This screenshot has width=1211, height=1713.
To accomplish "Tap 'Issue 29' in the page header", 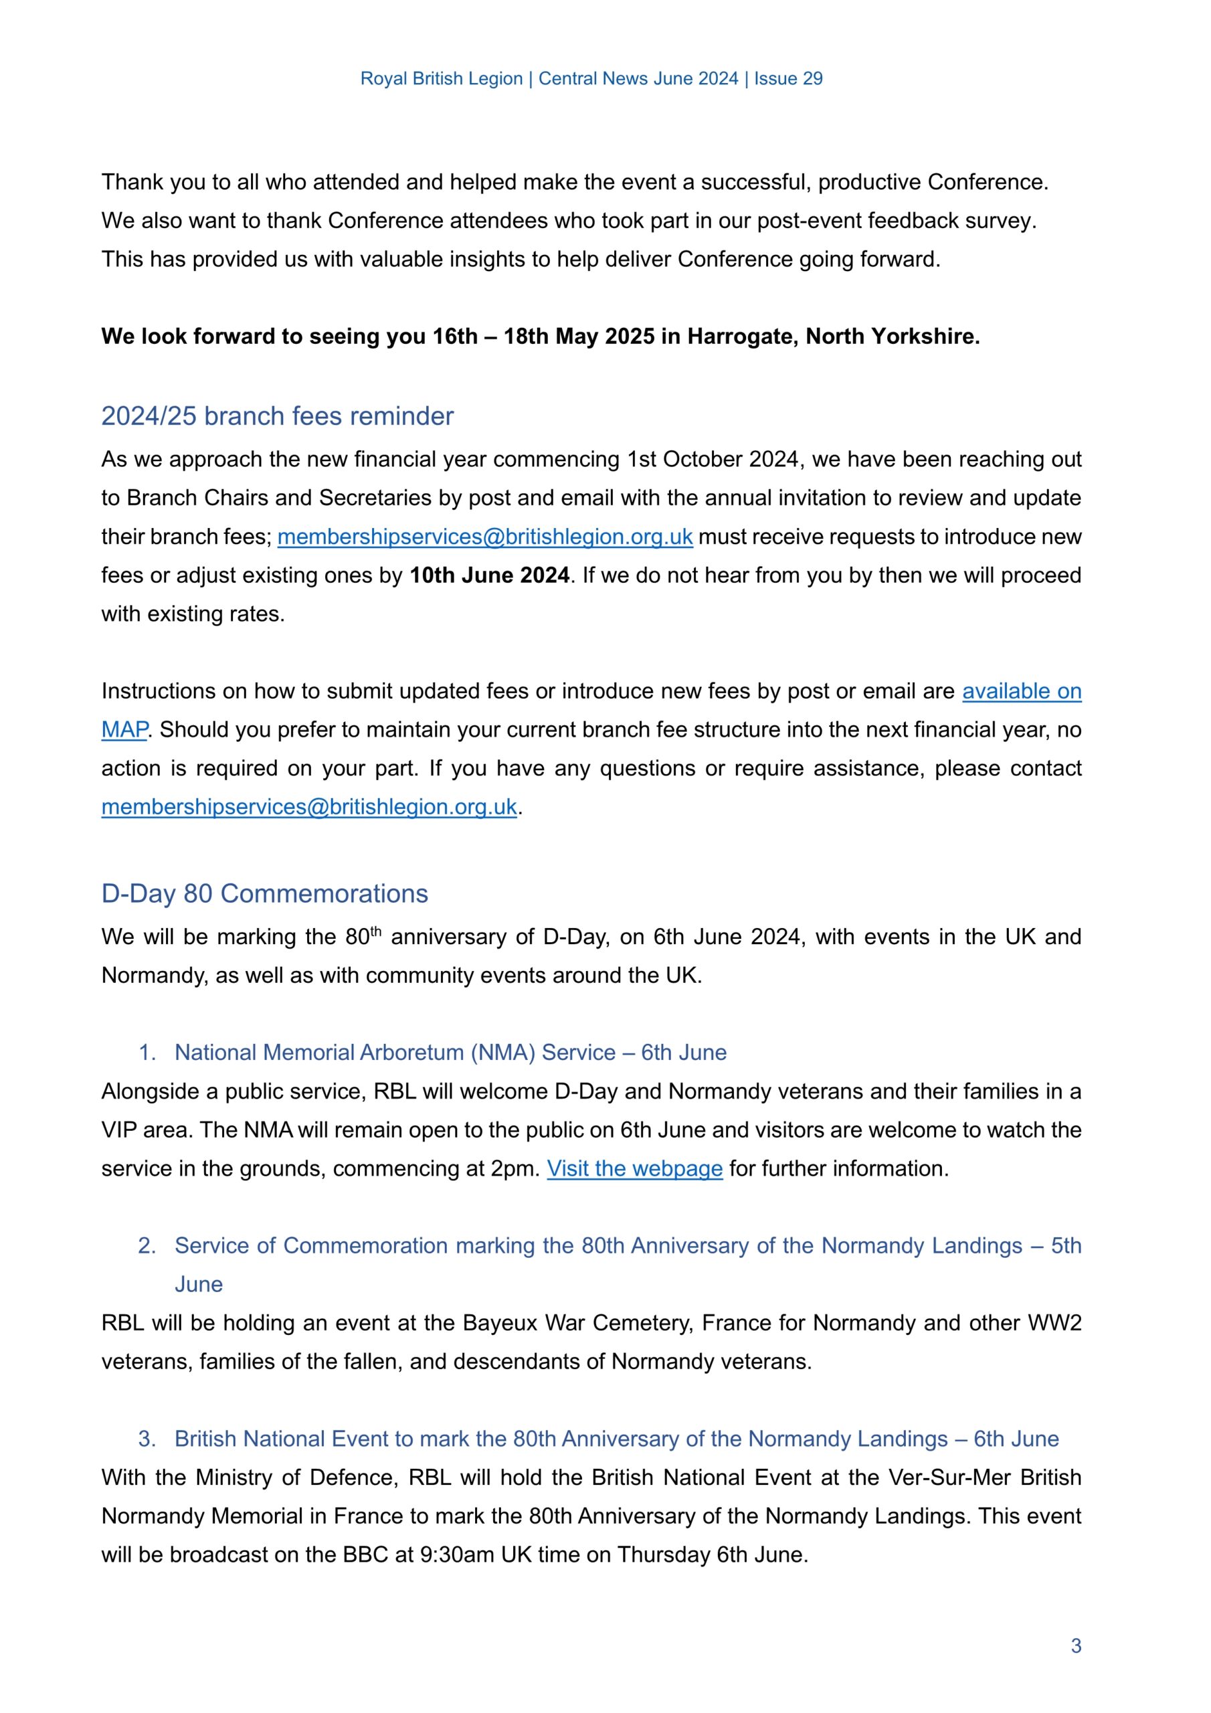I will (x=788, y=79).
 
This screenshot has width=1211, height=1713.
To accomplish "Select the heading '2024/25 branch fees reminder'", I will (x=277, y=416).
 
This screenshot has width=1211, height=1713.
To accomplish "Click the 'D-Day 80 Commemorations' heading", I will (x=264, y=894).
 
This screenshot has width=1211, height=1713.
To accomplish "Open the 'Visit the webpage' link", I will (x=634, y=1168).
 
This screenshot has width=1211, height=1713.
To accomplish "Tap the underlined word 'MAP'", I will (x=124, y=729).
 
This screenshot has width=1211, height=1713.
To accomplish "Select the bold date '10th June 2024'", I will (x=490, y=575).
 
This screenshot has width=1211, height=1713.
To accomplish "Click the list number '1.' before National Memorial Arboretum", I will (x=147, y=1053).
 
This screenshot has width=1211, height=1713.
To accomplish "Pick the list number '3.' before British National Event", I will (x=147, y=1439).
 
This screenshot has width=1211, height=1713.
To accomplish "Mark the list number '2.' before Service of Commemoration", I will (x=147, y=1246).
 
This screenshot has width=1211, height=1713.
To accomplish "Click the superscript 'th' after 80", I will (x=375, y=930).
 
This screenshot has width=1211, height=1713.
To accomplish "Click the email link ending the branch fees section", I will (x=309, y=807).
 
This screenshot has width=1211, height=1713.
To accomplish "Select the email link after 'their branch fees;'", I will (x=485, y=537).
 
